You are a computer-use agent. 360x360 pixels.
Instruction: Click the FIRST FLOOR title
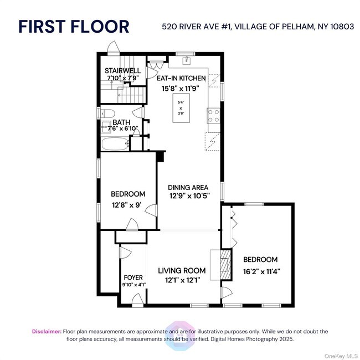point(74,26)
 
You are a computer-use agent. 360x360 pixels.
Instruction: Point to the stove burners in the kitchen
point(213,115)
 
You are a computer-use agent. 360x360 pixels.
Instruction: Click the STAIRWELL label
point(122,71)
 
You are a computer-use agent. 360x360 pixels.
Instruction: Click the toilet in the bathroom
point(105,113)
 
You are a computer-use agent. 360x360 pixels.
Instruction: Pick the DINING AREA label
point(189,187)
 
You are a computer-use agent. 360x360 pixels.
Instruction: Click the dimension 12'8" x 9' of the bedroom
point(126,204)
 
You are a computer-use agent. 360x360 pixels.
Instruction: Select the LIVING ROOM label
point(182,270)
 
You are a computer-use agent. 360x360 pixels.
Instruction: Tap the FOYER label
point(133,277)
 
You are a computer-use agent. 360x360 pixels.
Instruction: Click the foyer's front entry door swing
point(136,300)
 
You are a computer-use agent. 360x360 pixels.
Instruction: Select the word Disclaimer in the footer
point(47,331)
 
